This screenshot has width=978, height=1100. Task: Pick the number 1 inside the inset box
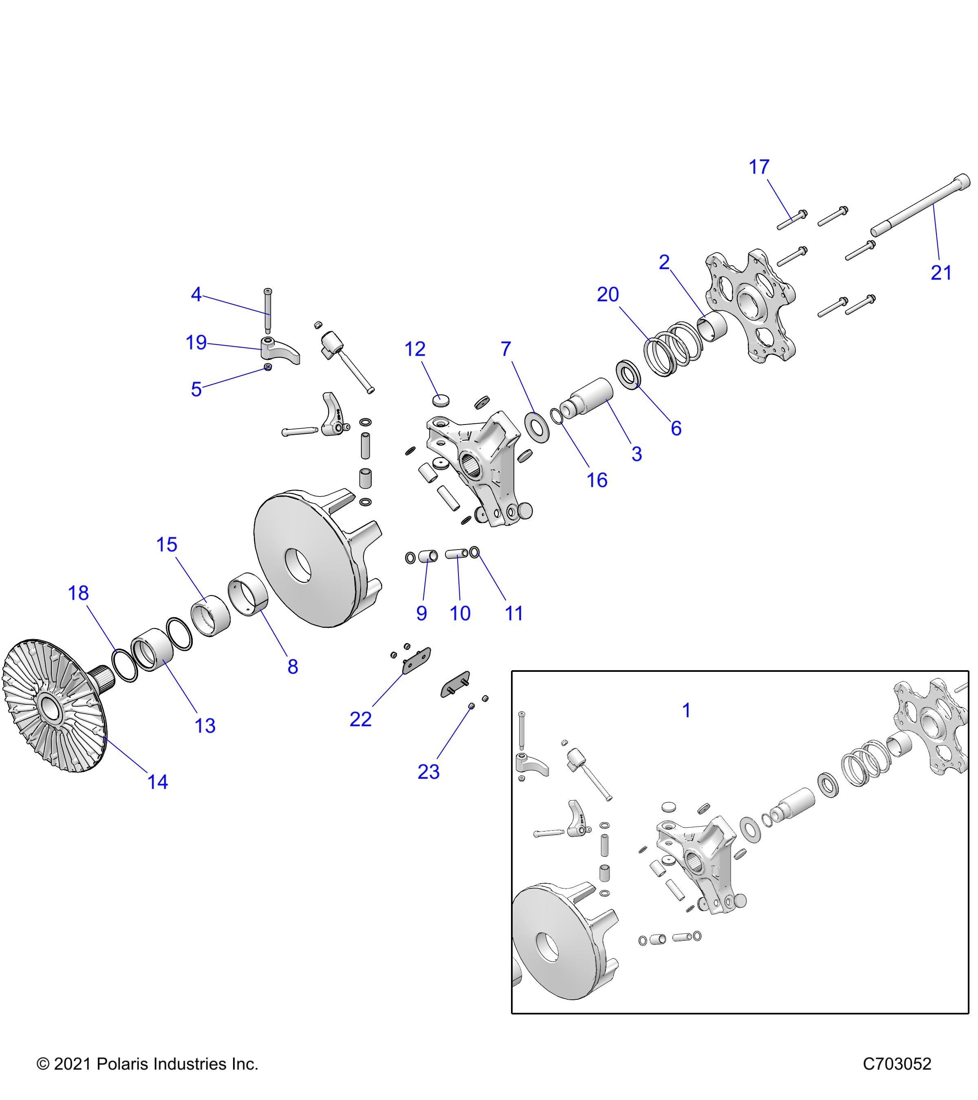(686, 711)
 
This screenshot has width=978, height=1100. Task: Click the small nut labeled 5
(267, 367)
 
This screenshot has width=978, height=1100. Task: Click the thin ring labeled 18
(124, 666)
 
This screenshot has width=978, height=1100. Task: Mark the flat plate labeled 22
(416, 660)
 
